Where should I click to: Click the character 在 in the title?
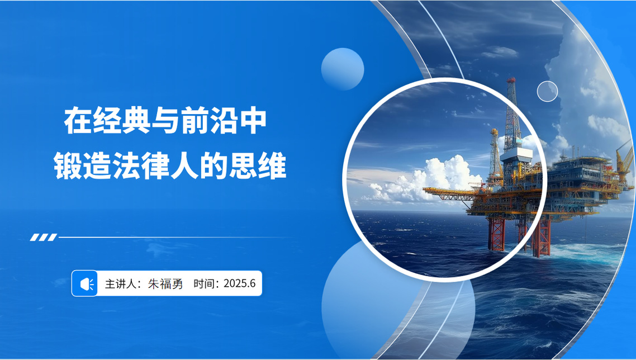click(x=78, y=121)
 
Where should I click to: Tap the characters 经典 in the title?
click(x=122, y=121)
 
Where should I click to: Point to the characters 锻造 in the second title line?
click(x=83, y=165)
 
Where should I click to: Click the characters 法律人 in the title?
click(x=156, y=165)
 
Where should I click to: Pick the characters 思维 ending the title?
click(x=258, y=165)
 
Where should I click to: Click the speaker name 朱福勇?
click(x=165, y=284)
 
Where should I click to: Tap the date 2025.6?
click(x=239, y=283)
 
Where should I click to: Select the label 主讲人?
click(x=121, y=284)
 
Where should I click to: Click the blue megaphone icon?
click(x=85, y=283)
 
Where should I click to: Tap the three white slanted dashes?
click(x=44, y=238)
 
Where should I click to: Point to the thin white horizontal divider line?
click(x=177, y=238)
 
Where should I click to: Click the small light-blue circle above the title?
click(x=343, y=69)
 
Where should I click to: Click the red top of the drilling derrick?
click(x=511, y=80)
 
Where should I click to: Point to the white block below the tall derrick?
click(x=515, y=154)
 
